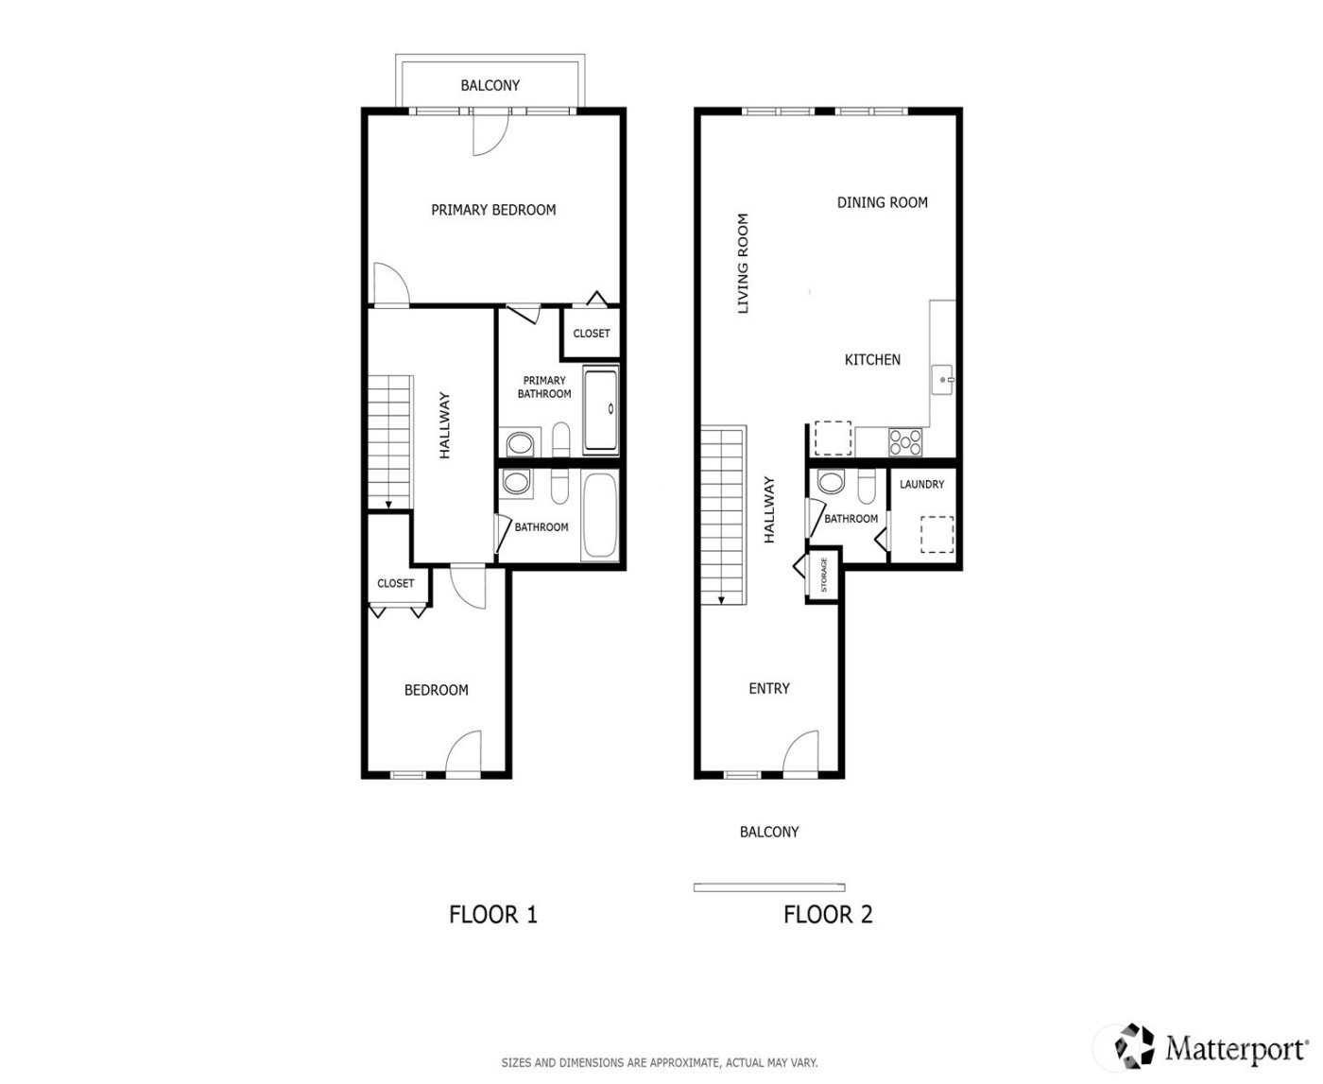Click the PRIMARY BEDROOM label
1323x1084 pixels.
(x=493, y=210)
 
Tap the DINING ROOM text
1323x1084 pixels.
(x=882, y=202)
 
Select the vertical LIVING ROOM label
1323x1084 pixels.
(x=743, y=264)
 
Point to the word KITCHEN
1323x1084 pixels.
(x=871, y=359)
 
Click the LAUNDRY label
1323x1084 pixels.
(x=921, y=485)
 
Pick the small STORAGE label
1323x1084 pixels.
(x=824, y=575)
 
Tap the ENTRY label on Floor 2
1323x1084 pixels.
(x=768, y=689)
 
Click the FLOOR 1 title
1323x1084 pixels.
(x=492, y=915)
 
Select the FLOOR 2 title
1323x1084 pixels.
(x=828, y=915)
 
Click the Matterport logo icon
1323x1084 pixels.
(x=1135, y=1045)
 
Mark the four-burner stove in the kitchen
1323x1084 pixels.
(x=905, y=440)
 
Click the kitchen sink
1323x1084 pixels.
(x=942, y=380)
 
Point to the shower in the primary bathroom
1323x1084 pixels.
(x=601, y=410)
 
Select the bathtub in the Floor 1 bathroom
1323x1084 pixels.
(x=600, y=517)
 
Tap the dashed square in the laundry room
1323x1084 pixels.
(x=936, y=534)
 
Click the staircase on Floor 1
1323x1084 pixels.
(x=390, y=441)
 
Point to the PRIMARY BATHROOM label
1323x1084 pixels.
(x=544, y=387)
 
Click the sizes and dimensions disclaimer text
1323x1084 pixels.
(x=659, y=1063)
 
